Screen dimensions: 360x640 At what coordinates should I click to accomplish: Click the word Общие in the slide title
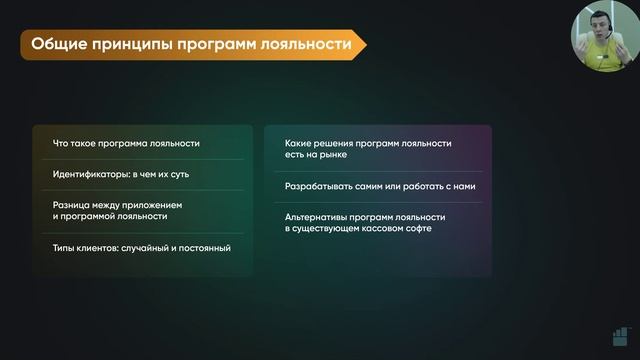(x=57, y=44)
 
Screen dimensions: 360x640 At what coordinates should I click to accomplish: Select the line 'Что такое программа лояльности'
(x=126, y=143)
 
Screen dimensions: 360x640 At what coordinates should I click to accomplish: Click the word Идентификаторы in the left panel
(x=89, y=174)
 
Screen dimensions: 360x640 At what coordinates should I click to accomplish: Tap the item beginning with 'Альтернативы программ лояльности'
(x=365, y=222)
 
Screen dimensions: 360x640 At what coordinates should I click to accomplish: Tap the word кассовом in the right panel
(x=373, y=229)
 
